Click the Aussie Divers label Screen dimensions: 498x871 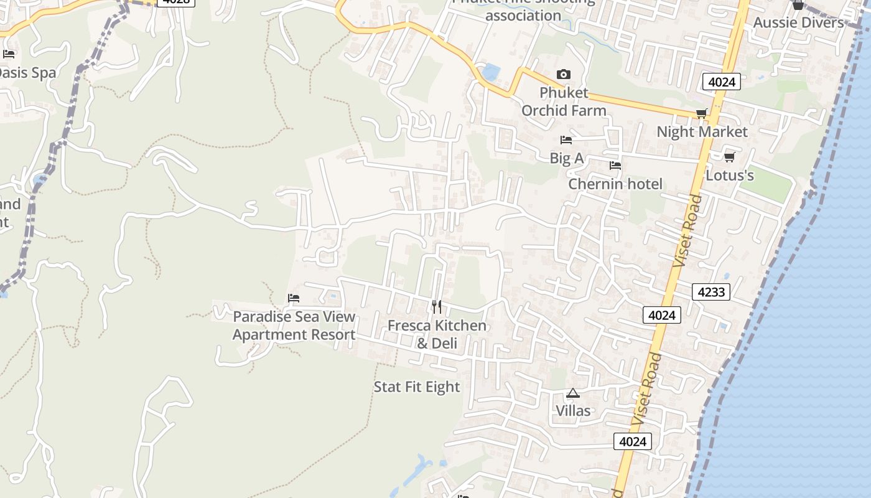(x=798, y=23)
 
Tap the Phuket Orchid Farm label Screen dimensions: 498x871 (x=564, y=101)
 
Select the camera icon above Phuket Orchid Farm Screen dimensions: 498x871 (x=563, y=75)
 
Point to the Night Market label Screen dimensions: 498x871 (x=702, y=132)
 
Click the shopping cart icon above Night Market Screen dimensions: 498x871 (x=701, y=113)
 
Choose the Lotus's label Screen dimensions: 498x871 (x=729, y=176)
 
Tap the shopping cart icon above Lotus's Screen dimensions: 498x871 (x=729, y=157)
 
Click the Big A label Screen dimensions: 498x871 (x=566, y=159)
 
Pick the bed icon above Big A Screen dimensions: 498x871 (x=566, y=140)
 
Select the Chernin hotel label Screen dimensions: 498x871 (x=615, y=184)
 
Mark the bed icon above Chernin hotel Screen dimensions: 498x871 (x=615, y=166)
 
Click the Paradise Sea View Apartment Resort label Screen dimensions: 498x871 (x=294, y=326)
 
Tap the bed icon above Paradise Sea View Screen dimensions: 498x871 (x=294, y=298)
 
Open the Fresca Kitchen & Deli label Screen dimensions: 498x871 (x=437, y=334)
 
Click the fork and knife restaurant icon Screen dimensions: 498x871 (x=437, y=306)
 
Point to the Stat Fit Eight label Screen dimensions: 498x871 (x=417, y=387)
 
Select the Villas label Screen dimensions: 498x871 (x=573, y=411)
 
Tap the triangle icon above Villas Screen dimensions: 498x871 (x=572, y=393)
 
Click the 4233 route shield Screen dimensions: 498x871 (x=710, y=291)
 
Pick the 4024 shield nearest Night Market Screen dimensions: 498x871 (x=722, y=82)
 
